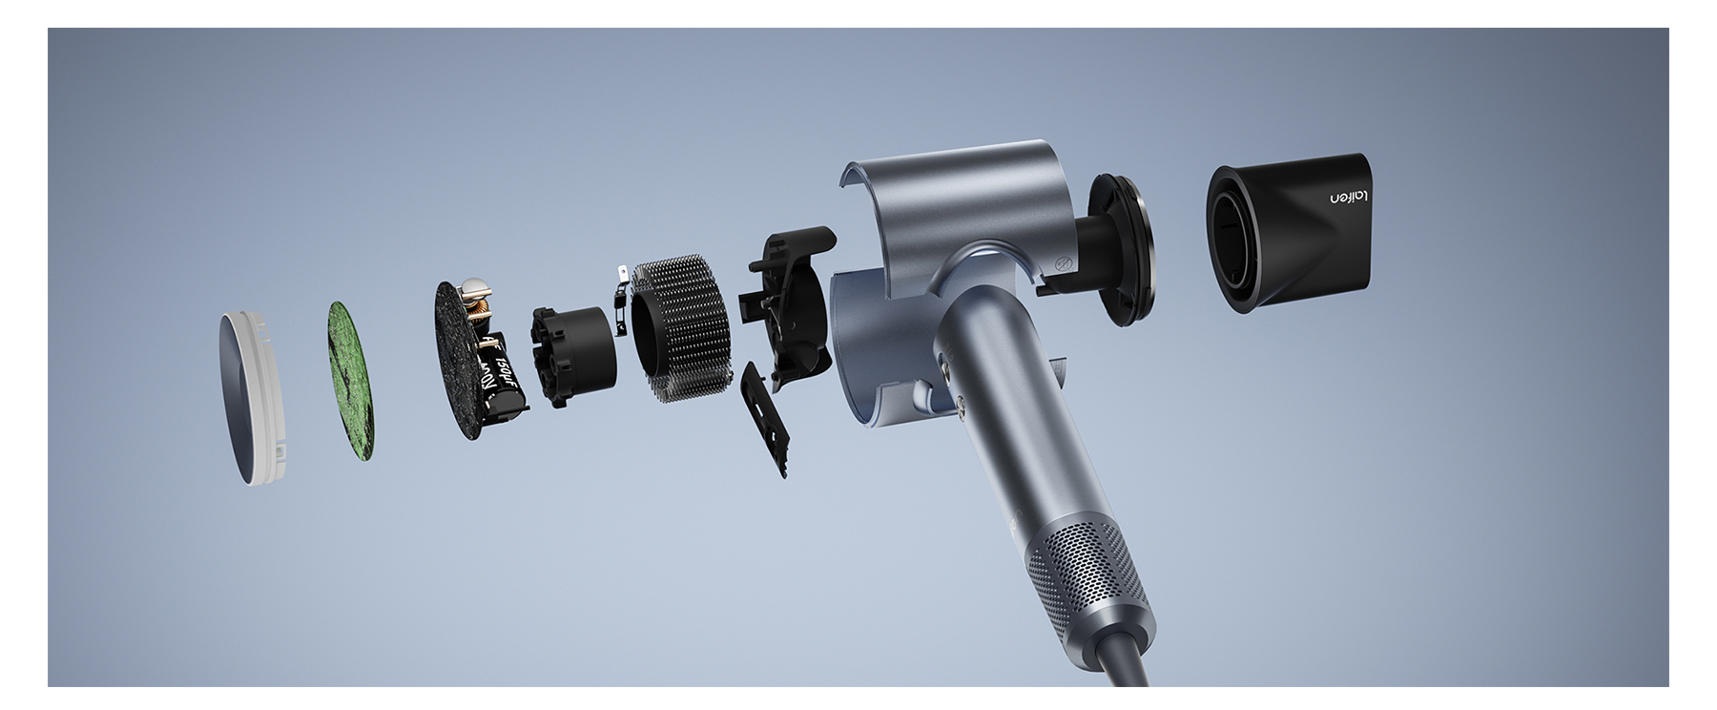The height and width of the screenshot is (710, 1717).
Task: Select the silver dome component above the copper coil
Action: tap(473, 289)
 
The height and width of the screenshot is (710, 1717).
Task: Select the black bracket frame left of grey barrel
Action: tap(786, 305)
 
